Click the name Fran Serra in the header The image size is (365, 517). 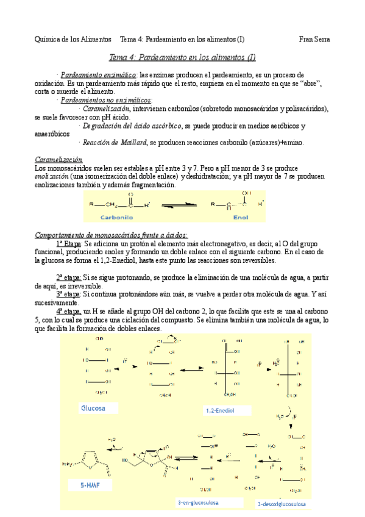coord(314,39)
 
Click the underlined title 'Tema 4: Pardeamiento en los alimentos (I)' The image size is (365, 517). coord(182,58)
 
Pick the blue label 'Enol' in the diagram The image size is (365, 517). coord(241,216)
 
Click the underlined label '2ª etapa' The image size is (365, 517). coord(68,277)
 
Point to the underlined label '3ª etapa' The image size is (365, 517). coord(68,294)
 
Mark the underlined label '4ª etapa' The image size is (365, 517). coord(69,311)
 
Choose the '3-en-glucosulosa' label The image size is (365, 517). coord(199,502)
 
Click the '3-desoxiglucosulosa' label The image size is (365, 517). coord(282,504)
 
